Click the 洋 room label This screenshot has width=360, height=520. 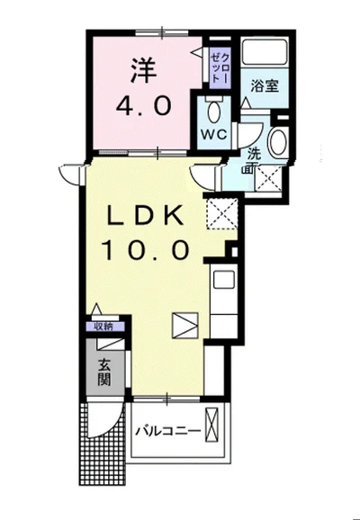coord(143,71)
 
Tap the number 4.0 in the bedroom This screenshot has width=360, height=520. coord(144,106)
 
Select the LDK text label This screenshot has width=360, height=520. coord(145,215)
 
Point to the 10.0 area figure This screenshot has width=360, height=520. coord(145,250)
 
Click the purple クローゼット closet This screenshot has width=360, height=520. coord(220,68)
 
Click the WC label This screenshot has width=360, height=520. coord(214,134)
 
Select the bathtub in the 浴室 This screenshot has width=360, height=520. coord(265,52)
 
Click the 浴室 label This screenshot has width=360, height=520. coord(265,86)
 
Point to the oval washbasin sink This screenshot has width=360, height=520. coord(278,142)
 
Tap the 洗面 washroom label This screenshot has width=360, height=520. coord(256,160)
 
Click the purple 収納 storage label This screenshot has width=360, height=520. coord(104,327)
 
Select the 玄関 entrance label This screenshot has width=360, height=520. coord(103,372)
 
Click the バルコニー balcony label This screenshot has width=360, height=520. coord(168,431)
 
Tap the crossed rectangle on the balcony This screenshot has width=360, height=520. coord(212,426)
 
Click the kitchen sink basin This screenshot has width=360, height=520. coord(224,280)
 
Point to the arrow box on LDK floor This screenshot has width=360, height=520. coord(185,326)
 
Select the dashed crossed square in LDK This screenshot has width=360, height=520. coord(222,213)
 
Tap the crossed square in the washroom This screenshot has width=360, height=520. coord(268,179)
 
